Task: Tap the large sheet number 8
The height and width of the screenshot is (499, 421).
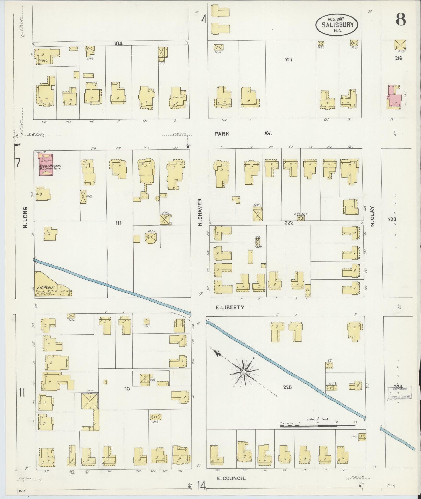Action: click(400, 19)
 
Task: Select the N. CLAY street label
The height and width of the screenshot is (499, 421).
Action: click(372, 217)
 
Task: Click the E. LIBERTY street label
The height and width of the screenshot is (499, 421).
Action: click(230, 307)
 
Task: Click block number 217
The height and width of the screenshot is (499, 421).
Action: click(288, 60)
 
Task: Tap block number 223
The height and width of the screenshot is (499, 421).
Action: click(392, 219)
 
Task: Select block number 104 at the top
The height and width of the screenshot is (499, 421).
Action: click(118, 44)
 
